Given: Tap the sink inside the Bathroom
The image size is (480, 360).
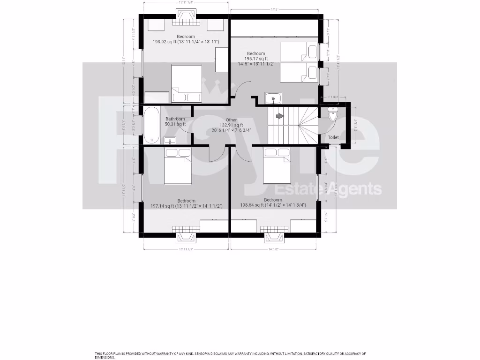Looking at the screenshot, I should click(x=170, y=140).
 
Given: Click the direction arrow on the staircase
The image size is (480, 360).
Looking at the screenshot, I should click(x=279, y=115).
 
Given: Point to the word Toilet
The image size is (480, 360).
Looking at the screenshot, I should click(x=333, y=137).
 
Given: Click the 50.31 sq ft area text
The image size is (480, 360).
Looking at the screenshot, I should click(x=175, y=124).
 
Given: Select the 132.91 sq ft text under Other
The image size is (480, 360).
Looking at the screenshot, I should click(x=232, y=125).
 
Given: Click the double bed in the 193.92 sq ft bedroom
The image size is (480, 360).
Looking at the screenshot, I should click(x=186, y=83).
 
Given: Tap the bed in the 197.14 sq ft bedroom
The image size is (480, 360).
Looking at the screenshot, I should click(x=178, y=166).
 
